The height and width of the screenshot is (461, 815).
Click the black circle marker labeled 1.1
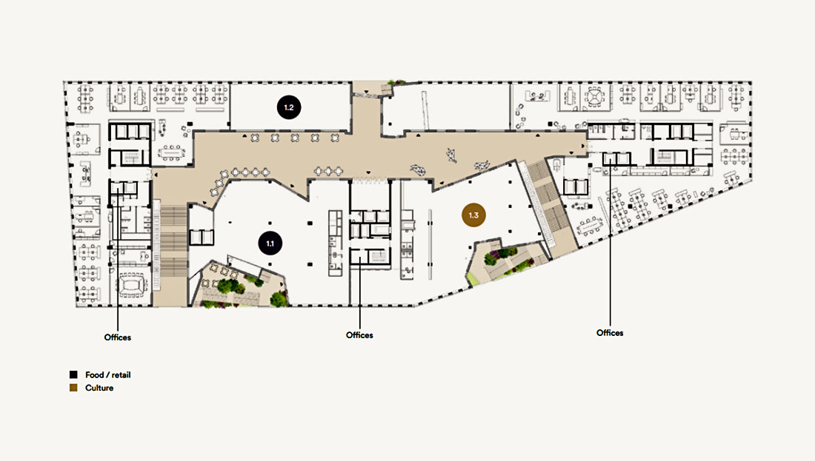pos(270,243)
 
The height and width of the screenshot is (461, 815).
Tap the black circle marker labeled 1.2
pos(289,107)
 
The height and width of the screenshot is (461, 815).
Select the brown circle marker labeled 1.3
pos(473,215)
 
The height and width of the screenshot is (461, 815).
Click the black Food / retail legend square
pos(74,374)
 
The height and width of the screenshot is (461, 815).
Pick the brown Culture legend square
pos(74,388)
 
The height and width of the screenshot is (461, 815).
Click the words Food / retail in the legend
pos(107,375)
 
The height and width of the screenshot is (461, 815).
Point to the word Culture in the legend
pos(99,388)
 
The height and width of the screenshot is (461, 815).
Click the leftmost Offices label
pos(118,337)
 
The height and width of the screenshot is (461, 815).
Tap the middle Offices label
pos(359,335)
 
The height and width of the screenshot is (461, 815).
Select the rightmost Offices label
pos(610,333)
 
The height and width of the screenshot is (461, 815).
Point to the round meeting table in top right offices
pos(593,96)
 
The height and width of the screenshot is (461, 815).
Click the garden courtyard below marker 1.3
pos(504,260)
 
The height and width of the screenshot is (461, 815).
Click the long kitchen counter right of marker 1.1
pos(335,243)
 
